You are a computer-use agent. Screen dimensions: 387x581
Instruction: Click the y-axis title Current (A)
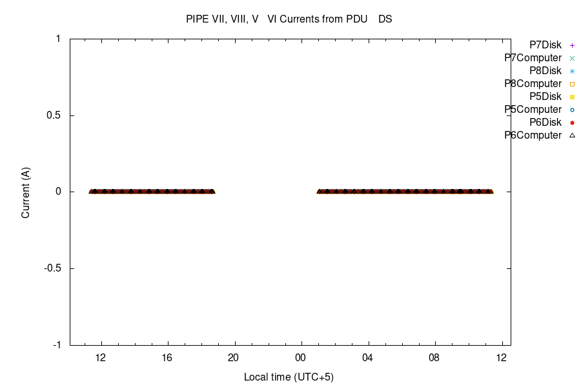26,192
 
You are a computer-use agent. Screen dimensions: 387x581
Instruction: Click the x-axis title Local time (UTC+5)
289,377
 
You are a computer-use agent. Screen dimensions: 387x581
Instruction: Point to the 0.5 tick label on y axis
52,115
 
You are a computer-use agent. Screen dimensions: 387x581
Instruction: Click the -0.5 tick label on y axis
51,268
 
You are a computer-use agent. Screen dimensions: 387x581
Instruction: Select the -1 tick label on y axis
56,345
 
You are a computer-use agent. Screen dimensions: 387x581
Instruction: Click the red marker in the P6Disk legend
572,122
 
